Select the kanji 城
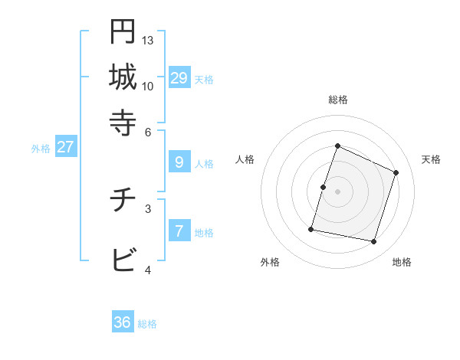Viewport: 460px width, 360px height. pyautogui.click(x=123, y=77)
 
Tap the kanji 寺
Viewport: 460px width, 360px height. pyautogui.click(x=123, y=121)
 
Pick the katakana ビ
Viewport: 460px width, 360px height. pyautogui.click(x=123, y=261)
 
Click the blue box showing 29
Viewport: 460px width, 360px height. pyautogui.click(x=179, y=77)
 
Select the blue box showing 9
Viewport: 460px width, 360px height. pyautogui.click(x=179, y=162)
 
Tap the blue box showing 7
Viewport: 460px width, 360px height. pyautogui.click(x=179, y=231)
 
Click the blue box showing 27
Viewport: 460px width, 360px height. pyautogui.click(x=65, y=147)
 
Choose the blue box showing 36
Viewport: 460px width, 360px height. pyautogui.click(x=123, y=322)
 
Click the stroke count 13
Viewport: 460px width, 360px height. pyautogui.click(x=148, y=40)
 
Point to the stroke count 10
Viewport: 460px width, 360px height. pyautogui.click(x=148, y=86)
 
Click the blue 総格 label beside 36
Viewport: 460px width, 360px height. pyautogui.click(x=147, y=324)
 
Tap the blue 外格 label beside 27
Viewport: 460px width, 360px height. pyautogui.click(x=41, y=149)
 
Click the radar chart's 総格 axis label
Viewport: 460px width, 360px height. pyautogui.click(x=337, y=100)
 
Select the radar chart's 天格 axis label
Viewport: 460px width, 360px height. pyautogui.click(x=431, y=159)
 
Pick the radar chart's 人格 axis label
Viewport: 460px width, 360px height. pyautogui.click(x=245, y=159)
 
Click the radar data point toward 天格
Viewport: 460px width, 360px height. pyautogui.click(x=396, y=172)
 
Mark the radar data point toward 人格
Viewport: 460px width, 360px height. pyautogui.click(x=323, y=187)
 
